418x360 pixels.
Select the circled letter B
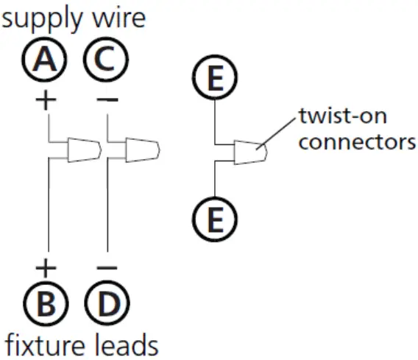(46, 303)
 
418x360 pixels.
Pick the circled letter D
(106, 303)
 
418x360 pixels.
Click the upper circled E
(214, 80)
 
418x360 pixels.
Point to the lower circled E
(214, 219)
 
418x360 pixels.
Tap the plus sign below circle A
(46, 100)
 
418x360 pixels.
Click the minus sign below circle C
(106, 100)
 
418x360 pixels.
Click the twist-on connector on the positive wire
(82, 149)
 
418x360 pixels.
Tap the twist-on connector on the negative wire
(140, 149)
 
